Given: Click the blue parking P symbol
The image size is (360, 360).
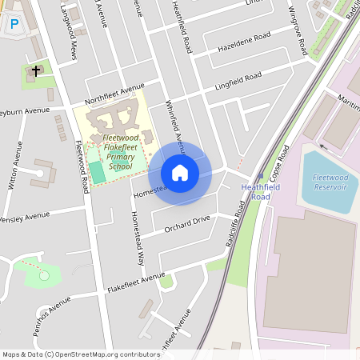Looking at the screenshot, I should coord(14,25).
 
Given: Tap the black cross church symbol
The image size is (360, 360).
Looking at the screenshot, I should coord(35,71).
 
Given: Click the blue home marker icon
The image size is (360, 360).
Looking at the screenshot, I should coord(180,173).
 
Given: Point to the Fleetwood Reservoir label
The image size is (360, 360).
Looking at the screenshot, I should coord(330,182).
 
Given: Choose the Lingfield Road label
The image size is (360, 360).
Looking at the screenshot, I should coord(238,81).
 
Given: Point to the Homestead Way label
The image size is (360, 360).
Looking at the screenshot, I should coord(138,238).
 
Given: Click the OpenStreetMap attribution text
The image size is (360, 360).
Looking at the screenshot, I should coord(81,354).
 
